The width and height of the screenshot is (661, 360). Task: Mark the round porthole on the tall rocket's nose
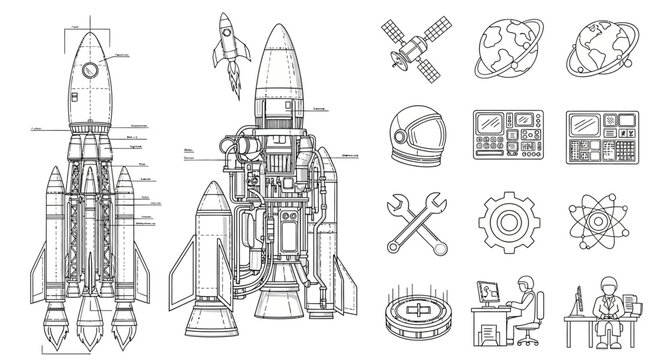tap(89, 69)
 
